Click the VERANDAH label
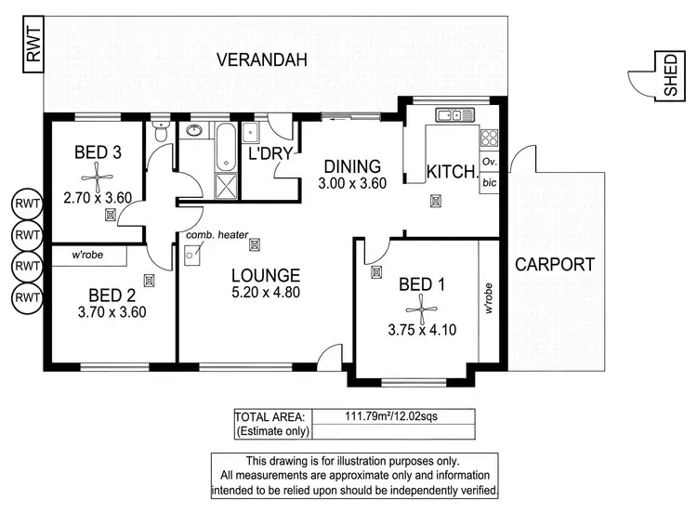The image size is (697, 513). click(262, 59)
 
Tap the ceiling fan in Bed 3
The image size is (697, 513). click(97, 178)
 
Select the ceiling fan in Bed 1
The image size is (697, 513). click(421, 309)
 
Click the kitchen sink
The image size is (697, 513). click(454, 114)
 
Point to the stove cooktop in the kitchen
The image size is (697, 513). click(489, 138)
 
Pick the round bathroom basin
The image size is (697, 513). click(194, 130)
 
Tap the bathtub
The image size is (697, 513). click(226, 147)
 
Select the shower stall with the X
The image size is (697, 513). click(226, 186)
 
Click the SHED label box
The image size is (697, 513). click(670, 75)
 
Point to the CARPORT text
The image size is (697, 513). click(554, 265)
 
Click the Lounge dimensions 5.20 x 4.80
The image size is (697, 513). click(266, 293)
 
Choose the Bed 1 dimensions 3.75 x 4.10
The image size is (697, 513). click(422, 330)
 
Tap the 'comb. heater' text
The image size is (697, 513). click(217, 235)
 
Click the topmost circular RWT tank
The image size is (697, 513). click(27, 204)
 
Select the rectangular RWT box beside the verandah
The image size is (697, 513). click(33, 44)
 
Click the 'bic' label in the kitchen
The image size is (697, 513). click(489, 182)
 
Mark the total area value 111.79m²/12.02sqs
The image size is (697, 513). click(391, 416)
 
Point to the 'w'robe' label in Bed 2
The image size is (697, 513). click(87, 255)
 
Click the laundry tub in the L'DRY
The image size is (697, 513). click(250, 133)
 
